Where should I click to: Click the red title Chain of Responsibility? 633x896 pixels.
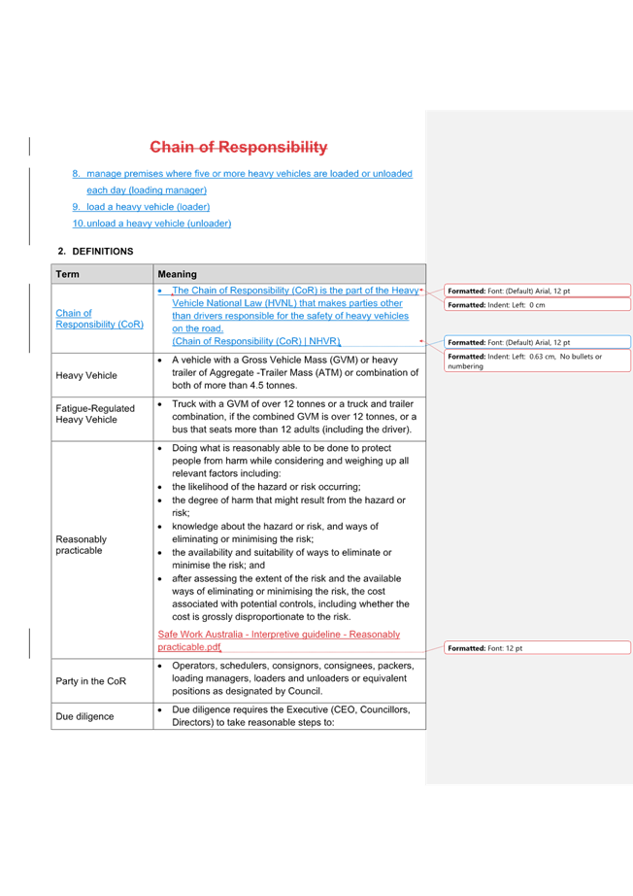click(238, 148)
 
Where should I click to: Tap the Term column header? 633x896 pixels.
click(68, 274)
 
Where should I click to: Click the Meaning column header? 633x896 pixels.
click(177, 274)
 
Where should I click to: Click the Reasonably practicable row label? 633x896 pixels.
click(82, 545)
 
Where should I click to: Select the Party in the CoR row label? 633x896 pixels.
click(90, 681)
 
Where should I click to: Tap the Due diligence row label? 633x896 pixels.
click(84, 716)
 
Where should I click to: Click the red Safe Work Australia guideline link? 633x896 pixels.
click(279, 639)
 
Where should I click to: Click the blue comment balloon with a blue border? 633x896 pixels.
click(537, 342)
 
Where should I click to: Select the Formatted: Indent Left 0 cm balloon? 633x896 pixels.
click(537, 305)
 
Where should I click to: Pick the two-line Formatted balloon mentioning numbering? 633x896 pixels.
click(537, 361)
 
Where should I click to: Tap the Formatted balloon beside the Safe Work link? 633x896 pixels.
click(537, 647)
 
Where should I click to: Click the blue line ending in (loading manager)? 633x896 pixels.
click(243, 181)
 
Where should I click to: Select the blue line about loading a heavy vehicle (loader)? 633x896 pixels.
click(141, 207)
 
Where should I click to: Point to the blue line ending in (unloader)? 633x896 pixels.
click(151, 224)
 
